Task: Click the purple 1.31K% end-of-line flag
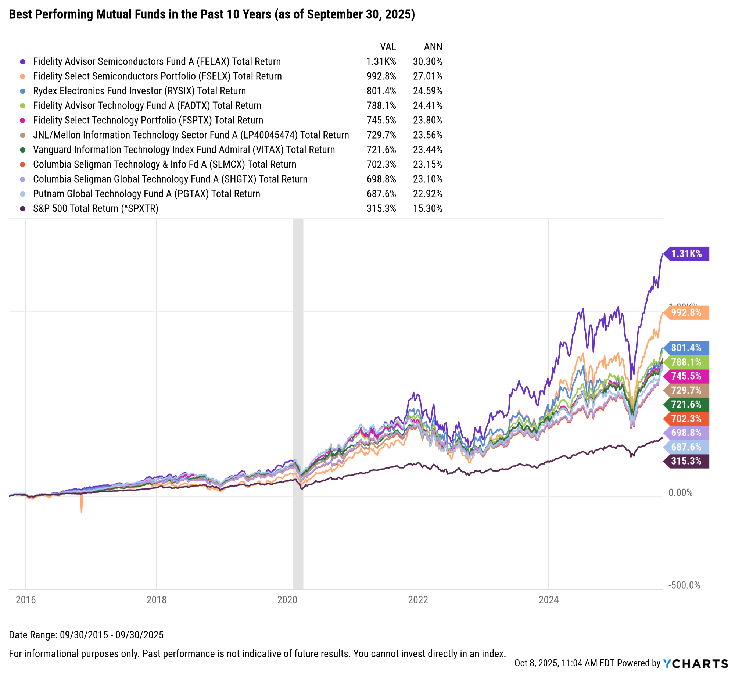click(x=686, y=254)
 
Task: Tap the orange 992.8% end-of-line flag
click(x=686, y=313)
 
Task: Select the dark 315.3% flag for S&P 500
click(x=686, y=461)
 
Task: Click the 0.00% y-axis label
click(x=680, y=492)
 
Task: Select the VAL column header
click(x=388, y=47)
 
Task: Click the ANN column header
click(x=433, y=47)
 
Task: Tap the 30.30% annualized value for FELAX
click(x=427, y=61)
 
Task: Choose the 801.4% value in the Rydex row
click(x=381, y=91)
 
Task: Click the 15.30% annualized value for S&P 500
click(x=427, y=208)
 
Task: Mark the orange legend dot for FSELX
click(x=23, y=76)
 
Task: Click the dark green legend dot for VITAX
click(x=23, y=150)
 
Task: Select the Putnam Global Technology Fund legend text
click(x=146, y=194)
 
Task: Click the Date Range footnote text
click(x=86, y=635)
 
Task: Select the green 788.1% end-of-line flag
click(x=686, y=362)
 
